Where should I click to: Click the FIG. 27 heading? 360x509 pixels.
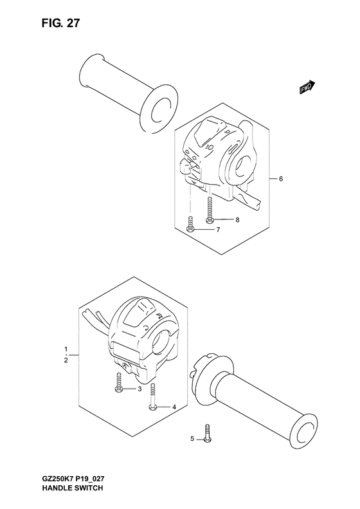(60, 23)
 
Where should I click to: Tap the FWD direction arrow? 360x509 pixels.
(307, 88)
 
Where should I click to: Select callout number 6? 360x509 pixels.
(281, 178)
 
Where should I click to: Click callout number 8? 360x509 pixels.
(237, 220)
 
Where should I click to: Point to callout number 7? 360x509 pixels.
(218, 230)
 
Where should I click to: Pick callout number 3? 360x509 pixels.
(139, 389)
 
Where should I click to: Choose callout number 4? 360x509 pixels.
(174, 407)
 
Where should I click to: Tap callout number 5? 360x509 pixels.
(192, 439)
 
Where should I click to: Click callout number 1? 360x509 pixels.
(66, 349)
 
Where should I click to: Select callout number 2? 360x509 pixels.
(66, 360)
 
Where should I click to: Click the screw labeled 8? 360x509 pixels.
(210, 210)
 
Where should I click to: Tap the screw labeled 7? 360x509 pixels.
(190, 224)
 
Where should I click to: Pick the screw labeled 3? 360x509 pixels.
(118, 382)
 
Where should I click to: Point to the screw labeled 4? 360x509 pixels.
(153, 396)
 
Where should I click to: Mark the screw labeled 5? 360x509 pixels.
(207, 432)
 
